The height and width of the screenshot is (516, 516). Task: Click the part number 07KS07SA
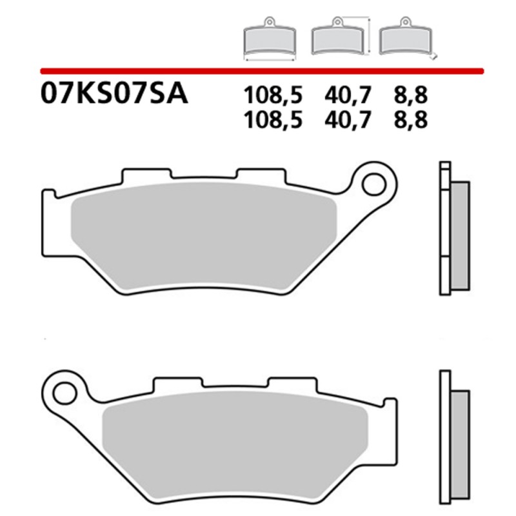pos(114,94)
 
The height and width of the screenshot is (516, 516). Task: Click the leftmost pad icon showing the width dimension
pos(270,43)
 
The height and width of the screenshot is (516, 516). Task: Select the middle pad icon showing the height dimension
pos(337,41)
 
